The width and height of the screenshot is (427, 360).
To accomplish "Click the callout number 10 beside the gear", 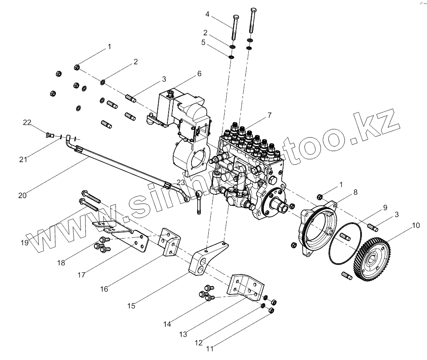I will pos(415,226).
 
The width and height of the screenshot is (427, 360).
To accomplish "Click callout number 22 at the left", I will pos(27,122).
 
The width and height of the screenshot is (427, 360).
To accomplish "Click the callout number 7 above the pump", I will pos(270,115).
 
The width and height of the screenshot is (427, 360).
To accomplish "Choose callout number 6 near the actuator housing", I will pos(199,73).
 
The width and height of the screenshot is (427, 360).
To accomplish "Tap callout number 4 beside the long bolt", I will pos(207,14).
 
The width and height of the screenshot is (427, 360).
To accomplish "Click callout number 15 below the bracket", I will pos(131,306).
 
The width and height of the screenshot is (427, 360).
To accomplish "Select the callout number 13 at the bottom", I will pos(182,334).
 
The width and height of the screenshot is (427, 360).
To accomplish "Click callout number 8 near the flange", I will pos(355,192).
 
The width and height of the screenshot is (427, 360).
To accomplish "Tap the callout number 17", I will pos(82,275).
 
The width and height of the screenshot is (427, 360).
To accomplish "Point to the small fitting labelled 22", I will pos(49,135).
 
